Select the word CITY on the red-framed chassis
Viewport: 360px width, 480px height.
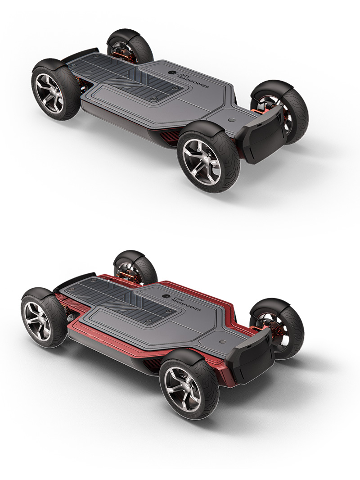point(176,297)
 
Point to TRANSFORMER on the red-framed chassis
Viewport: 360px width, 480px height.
point(185,304)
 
